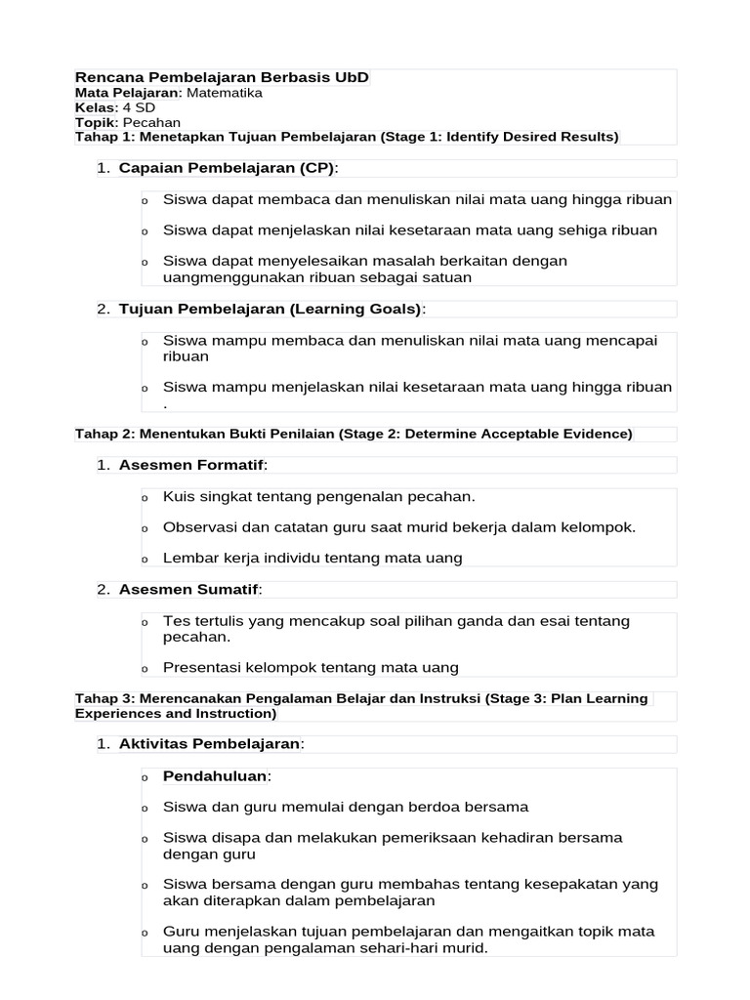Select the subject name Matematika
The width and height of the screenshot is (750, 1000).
pyautogui.click(x=224, y=93)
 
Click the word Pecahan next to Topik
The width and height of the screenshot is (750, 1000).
pyautogui.click(x=151, y=122)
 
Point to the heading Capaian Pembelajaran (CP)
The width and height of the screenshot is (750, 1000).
pyautogui.click(x=227, y=168)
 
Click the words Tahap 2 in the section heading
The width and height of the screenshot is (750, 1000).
pyautogui.click(x=104, y=434)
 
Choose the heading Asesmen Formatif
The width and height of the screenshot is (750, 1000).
pyautogui.click(x=191, y=465)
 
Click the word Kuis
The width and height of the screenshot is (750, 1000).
pyautogui.click(x=179, y=496)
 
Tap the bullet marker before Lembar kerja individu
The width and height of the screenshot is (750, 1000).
pyautogui.click(x=145, y=560)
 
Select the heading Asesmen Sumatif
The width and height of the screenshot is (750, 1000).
pyautogui.click(x=189, y=589)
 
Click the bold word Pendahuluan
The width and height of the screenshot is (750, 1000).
pyautogui.click(x=214, y=775)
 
